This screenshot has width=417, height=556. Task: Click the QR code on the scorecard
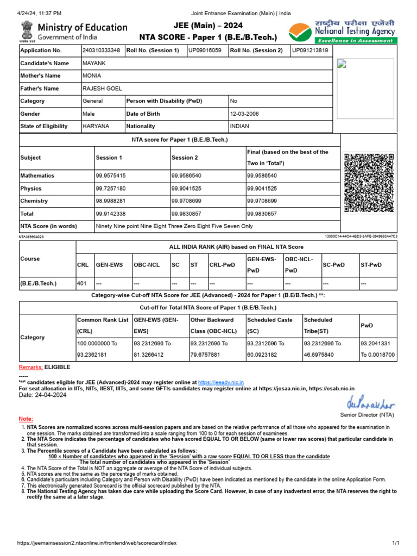(x=369, y=182)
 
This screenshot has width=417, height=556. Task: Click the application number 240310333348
(x=102, y=50)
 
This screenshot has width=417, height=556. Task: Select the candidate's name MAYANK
(x=92, y=63)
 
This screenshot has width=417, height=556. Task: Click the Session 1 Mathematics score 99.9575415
(x=111, y=176)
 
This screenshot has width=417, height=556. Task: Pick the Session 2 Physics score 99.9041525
(x=186, y=188)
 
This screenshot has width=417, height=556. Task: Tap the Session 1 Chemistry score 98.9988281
(x=111, y=201)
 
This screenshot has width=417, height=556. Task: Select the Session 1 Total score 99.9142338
(x=111, y=214)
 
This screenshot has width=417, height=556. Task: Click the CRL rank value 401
(x=82, y=283)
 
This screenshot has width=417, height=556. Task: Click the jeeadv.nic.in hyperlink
(x=225, y=382)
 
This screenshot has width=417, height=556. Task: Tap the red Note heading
(x=26, y=419)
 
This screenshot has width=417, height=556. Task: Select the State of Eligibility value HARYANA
(x=96, y=126)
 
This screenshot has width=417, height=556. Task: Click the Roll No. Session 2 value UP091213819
(x=310, y=50)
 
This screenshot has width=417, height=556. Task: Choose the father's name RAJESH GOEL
(x=102, y=89)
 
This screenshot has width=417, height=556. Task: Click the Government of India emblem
(x=27, y=31)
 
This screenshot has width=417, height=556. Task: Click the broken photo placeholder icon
(x=342, y=65)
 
